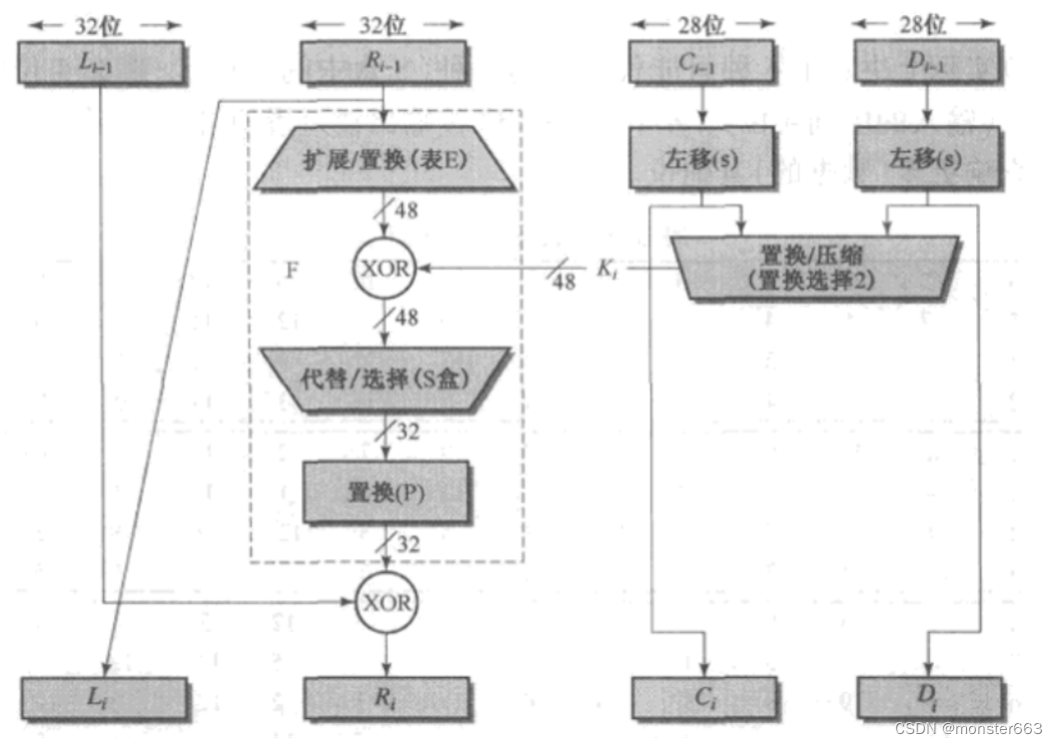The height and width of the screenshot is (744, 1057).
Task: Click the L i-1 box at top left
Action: pos(101,63)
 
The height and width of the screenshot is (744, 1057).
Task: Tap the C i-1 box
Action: pos(703,63)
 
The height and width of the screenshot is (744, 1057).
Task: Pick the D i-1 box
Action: pos(927,63)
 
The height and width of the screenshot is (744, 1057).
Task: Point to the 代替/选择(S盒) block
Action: pos(386,379)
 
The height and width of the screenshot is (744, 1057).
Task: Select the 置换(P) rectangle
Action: pos(386,492)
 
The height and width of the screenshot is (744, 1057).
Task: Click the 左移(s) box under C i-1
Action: pos(703,159)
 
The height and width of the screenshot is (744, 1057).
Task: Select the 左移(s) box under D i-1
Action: pos(927,159)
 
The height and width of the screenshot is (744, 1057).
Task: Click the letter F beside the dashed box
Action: pos(292,269)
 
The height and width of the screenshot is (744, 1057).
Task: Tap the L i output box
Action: pos(104,697)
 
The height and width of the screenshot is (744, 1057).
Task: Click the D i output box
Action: pos(929,697)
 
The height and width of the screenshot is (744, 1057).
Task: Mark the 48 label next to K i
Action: pos(564,282)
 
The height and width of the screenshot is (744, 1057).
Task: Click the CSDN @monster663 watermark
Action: pos(968,728)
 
